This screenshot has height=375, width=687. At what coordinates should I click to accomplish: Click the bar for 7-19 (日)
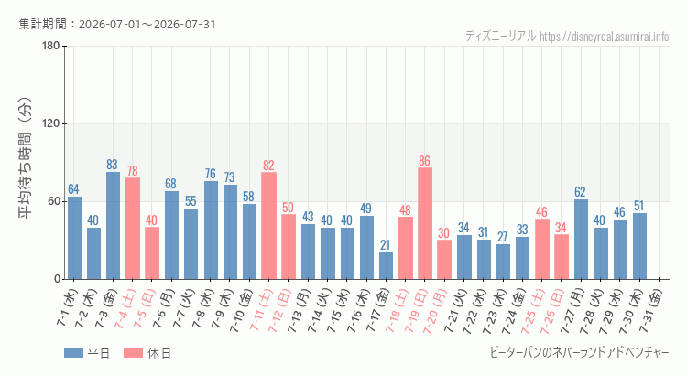click(424, 223)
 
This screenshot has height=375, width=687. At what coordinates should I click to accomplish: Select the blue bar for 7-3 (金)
click(113, 225)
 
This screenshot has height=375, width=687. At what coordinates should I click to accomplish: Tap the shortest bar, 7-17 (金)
click(386, 265)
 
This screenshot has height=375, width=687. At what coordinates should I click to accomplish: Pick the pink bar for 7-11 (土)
click(268, 225)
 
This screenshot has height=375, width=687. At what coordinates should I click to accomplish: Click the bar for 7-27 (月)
click(581, 239)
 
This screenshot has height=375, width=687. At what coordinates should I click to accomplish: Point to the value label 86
click(424, 161)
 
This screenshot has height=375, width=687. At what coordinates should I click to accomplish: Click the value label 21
click(386, 245)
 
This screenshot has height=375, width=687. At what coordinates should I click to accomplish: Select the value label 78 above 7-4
click(132, 171)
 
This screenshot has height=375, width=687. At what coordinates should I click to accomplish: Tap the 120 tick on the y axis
click(51, 123)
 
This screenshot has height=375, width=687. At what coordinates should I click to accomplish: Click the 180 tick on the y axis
click(51, 46)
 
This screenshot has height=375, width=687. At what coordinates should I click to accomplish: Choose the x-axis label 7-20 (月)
click(436, 310)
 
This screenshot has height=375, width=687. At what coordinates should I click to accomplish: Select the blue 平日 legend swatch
click(73, 353)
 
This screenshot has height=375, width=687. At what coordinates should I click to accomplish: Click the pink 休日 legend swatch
click(133, 353)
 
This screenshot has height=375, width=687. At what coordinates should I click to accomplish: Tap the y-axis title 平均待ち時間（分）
click(25, 158)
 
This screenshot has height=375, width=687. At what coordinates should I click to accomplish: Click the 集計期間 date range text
click(117, 24)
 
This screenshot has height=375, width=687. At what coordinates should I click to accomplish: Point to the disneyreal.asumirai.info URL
click(605, 37)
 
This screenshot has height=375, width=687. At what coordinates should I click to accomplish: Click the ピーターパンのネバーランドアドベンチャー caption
click(579, 353)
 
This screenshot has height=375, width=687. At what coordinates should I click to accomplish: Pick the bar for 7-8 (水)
click(211, 230)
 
